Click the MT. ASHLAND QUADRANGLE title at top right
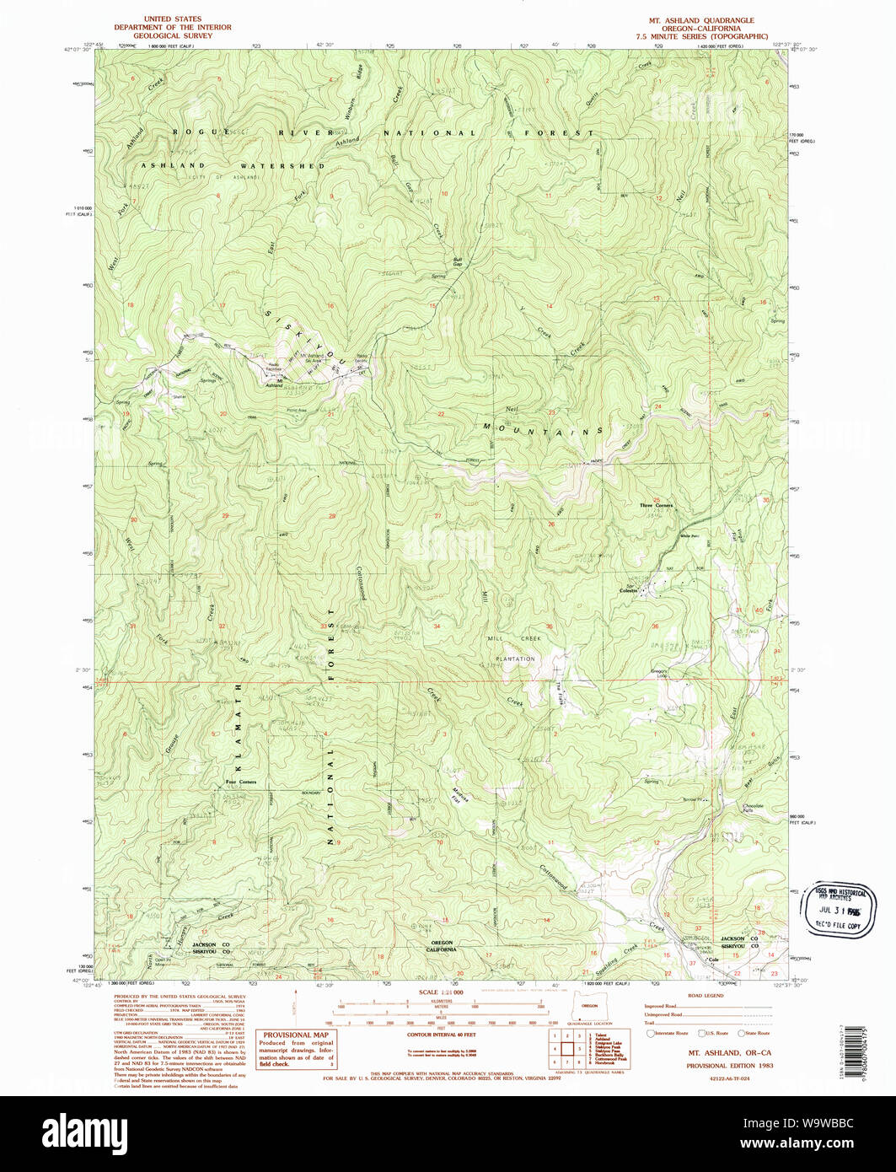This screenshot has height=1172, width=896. (701, 20)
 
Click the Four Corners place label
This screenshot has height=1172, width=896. (241, 782)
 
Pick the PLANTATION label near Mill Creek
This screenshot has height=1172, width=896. (515, 659)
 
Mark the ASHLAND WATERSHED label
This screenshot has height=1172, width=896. (232, 166)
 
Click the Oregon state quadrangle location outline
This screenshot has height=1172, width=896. (589, 1011)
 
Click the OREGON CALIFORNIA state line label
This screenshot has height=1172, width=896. (442, 945)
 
